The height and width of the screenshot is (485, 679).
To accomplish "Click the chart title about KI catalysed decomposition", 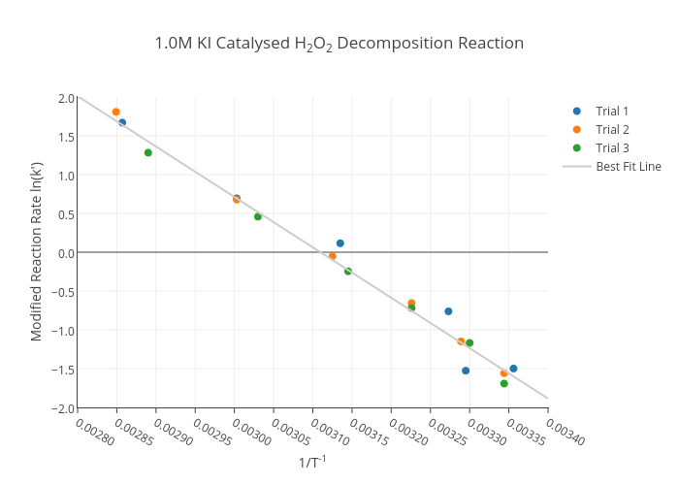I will pyautogui.click(x=339, y=44).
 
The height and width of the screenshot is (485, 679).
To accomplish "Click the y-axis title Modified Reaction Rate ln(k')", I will pyautogui.click(x=37, y=252).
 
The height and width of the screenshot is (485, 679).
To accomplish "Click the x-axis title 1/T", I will pyautogui.click(x=312, y=463).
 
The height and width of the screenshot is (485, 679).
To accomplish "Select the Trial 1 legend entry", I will pyautogui.click(x=612, y=111).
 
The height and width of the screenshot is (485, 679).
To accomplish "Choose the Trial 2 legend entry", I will pyautogui.click(x=612, y=129).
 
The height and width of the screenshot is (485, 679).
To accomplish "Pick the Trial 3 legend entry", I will pyautogui.click(x=612, y=147).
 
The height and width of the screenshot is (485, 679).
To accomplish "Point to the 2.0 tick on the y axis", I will pyautogui.click(x=66, y=98).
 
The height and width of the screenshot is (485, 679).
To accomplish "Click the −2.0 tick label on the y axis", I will pyautogui.click(x=64, y=407).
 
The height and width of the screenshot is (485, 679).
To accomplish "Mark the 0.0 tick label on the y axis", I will pyautogui.click(x=66, y=253).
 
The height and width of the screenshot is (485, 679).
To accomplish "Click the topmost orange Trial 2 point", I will pyautogui.click(x=116, y=113).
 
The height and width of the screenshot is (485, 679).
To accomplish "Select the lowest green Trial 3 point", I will pyautogui.click(x=504, y=383).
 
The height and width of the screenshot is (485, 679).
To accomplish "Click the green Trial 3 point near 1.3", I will pyautogui.click(x=148, y=152).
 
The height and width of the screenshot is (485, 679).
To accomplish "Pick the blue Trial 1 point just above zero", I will pyautogui.click(x=340, y=243).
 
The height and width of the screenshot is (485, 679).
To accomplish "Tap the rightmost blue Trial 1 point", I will pyautogui.click(x=513, y=369).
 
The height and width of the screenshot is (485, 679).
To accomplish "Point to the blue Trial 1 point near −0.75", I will pyautogui.click(x=448, y=311).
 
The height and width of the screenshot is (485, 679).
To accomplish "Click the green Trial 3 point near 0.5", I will pyautogui.click(x=258, y=216).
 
